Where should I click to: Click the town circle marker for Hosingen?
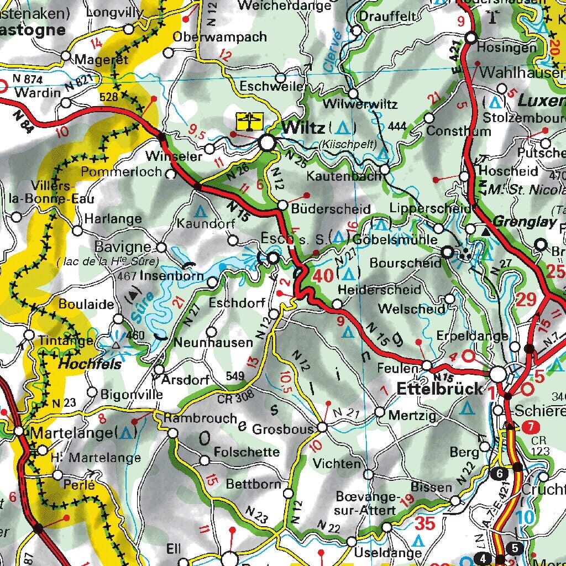pos(471,38)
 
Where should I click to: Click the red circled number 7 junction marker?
pos(530,427)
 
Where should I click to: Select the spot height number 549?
pos(235,377)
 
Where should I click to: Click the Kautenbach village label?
pos(344,177)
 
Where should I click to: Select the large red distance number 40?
pos(323,276)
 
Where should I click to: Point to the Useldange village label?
pos(380,552)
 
